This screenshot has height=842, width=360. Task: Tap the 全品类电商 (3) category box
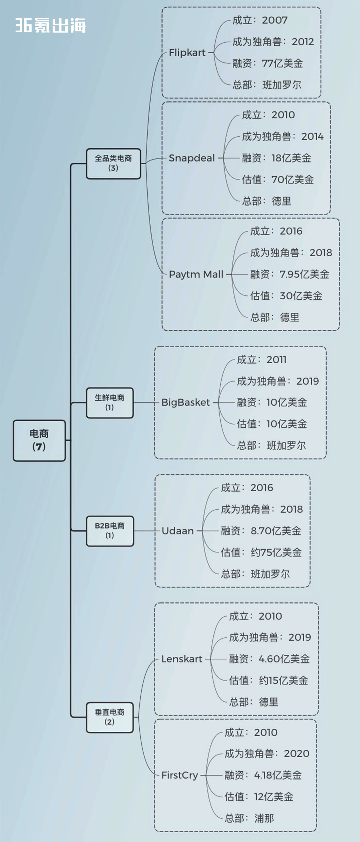tap(113, 163)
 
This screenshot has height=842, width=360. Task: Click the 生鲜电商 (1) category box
tap(110, 403)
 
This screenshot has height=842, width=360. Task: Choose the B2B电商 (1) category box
tap(110, 531)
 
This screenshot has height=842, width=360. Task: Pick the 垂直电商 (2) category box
tap(110, 717)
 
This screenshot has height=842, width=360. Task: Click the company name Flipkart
tap(187, 52)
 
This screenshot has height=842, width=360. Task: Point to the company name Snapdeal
tap(192, 158)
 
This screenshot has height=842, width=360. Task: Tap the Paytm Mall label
tap(196, 274)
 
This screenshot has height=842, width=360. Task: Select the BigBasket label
tap(185, 402)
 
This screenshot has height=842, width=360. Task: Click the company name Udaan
tap(177, 531)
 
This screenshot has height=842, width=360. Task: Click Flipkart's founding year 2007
tap(275, 20)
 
